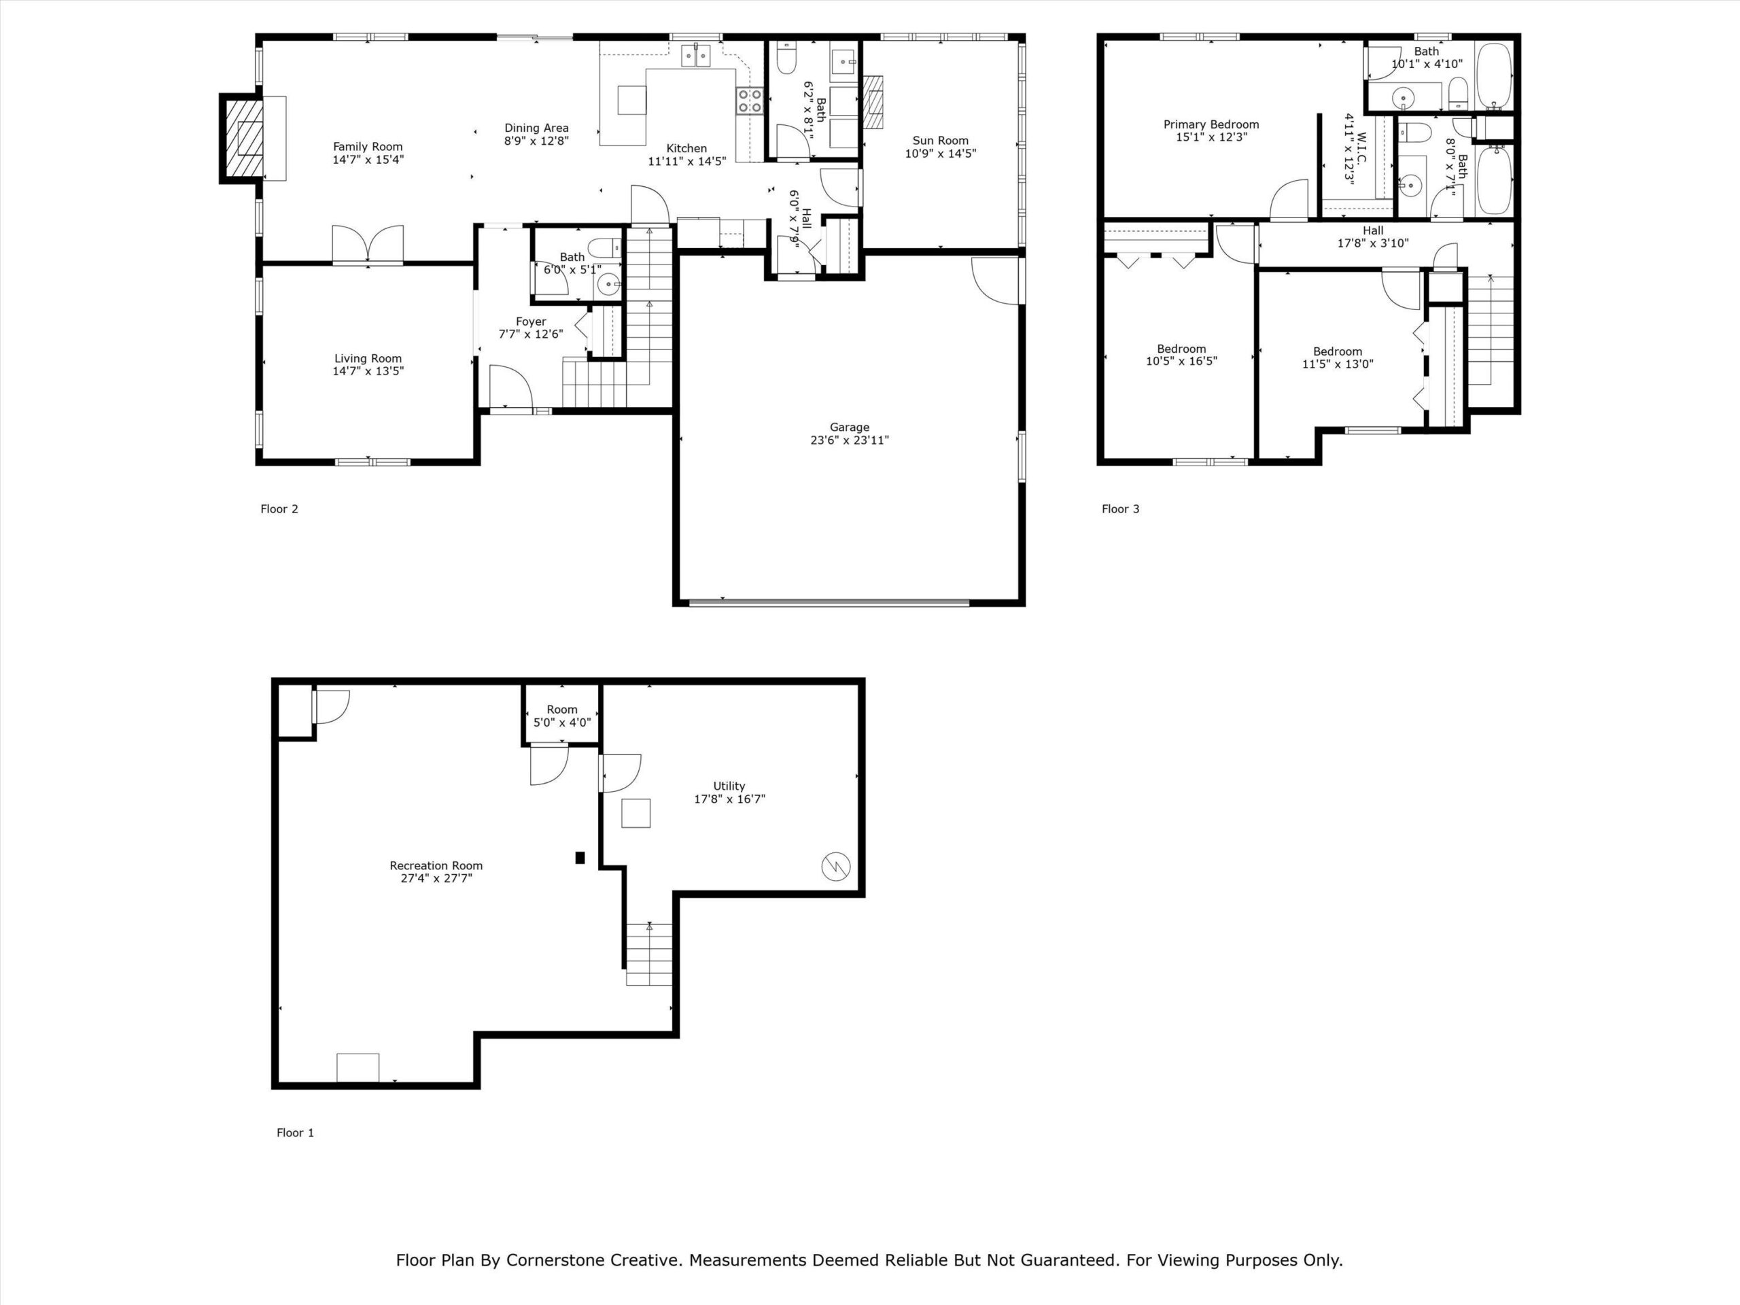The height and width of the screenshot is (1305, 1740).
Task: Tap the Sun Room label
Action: click(940, 141)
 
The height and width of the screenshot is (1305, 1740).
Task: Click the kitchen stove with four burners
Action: click(749, 101)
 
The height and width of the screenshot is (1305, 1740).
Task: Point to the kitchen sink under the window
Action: click(695, 56)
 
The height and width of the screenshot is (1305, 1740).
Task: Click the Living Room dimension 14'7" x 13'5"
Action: click(368, 371)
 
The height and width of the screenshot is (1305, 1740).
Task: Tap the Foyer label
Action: click(531, 321)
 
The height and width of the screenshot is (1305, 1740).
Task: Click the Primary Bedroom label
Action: click(1211, 124)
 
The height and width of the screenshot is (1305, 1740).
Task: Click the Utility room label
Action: click(729, 786)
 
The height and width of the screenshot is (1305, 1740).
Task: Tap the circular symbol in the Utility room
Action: click(835, 867)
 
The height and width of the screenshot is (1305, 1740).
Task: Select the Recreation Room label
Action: click(436, 865)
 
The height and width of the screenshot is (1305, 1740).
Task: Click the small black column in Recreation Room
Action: click(580, 858)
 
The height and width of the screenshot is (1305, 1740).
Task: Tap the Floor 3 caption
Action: click(1120, 509)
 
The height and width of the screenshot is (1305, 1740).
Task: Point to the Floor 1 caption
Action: click(295, 1133)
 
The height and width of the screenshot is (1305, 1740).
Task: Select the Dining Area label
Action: click(536, 127)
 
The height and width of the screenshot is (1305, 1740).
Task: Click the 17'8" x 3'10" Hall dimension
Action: click(1373, 243)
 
